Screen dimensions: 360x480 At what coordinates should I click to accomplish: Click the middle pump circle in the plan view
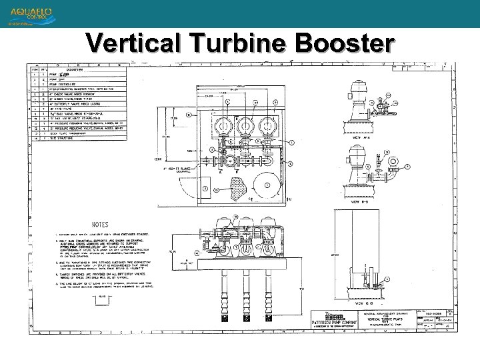(x=245, y=125)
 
